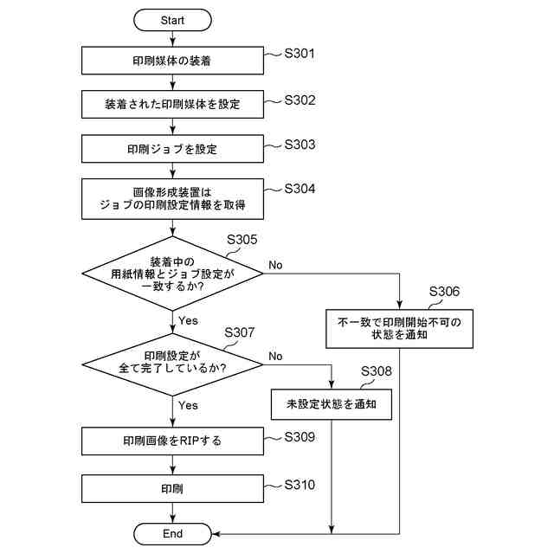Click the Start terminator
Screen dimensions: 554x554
tap(173, 18)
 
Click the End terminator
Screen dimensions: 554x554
tap(173, 533)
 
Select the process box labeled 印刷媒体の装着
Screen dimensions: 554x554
tap(173, 61)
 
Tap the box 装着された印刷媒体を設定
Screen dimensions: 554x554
tap(173, 105)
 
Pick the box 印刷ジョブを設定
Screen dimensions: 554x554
tap(173, 149)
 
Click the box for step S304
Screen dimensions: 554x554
tap(173, 197)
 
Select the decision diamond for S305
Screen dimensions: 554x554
tap(173, 274)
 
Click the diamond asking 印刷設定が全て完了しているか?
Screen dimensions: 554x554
tap(173, 362)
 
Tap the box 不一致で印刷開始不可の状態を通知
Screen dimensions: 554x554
tap(400, 328)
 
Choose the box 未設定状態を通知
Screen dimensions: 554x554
tap(332, 403)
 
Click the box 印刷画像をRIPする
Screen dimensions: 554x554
tap(173, 441)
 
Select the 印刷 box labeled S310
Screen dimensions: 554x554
tap(173, 488)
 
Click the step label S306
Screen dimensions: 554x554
tap(444, 293)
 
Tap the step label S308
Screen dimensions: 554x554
tap(375, 371)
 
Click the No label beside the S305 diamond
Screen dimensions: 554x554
tap(275, 264)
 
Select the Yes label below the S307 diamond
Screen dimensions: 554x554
tap(188, 405)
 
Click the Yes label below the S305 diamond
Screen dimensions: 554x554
tap(188, 320)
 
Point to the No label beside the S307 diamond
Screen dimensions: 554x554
tap(275, 356)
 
